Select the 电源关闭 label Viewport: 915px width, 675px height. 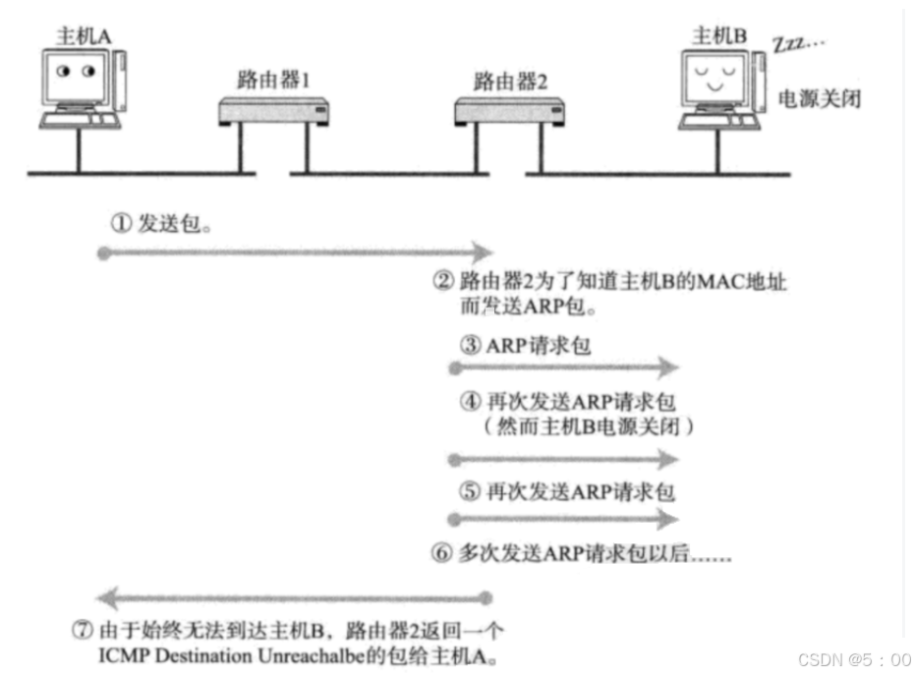coord(819,98)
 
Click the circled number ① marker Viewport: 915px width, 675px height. coord(120,224)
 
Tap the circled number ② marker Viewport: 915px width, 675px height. coord(442,282)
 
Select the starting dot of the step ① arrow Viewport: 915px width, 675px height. coord(102,253)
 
